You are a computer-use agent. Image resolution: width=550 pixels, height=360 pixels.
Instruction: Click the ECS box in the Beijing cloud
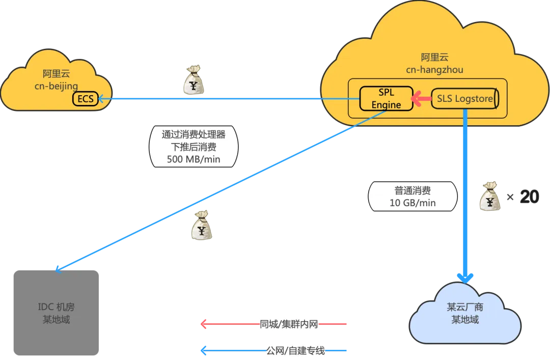(85, 99)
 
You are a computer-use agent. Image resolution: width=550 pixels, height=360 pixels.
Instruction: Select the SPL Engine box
(386, 99)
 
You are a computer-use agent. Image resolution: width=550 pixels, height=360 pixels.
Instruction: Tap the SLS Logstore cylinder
(465, 99)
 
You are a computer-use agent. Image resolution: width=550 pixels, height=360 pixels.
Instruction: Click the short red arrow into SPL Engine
(421, 99)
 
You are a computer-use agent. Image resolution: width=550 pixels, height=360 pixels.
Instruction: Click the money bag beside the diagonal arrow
(202, 225)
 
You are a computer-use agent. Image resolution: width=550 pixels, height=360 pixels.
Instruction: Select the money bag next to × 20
(490, 196)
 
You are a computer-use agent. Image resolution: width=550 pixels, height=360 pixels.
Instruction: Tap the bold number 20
(529, 197)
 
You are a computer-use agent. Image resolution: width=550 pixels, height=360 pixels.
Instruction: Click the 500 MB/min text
(194, 159)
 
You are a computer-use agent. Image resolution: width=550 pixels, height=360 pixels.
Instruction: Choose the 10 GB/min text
(413, 203)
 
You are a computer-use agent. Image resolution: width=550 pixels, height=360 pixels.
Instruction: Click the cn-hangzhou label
(434, 70)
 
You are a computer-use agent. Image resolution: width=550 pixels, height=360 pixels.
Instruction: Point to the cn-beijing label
(56, 86)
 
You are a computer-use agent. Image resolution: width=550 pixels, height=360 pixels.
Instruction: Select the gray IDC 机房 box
(56, 313)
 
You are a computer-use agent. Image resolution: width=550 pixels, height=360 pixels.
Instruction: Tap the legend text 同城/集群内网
(289, 324)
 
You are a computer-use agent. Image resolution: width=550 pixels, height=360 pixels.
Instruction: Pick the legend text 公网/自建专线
(296, 350)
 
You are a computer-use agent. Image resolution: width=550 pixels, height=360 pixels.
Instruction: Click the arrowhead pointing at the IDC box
(58, 269)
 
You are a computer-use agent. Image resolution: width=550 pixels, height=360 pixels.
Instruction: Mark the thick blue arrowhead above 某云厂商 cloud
(465, 278)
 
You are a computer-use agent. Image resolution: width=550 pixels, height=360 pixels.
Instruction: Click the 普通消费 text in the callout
(413, 190)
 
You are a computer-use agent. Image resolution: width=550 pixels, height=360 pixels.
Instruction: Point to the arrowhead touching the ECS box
(101, 99)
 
